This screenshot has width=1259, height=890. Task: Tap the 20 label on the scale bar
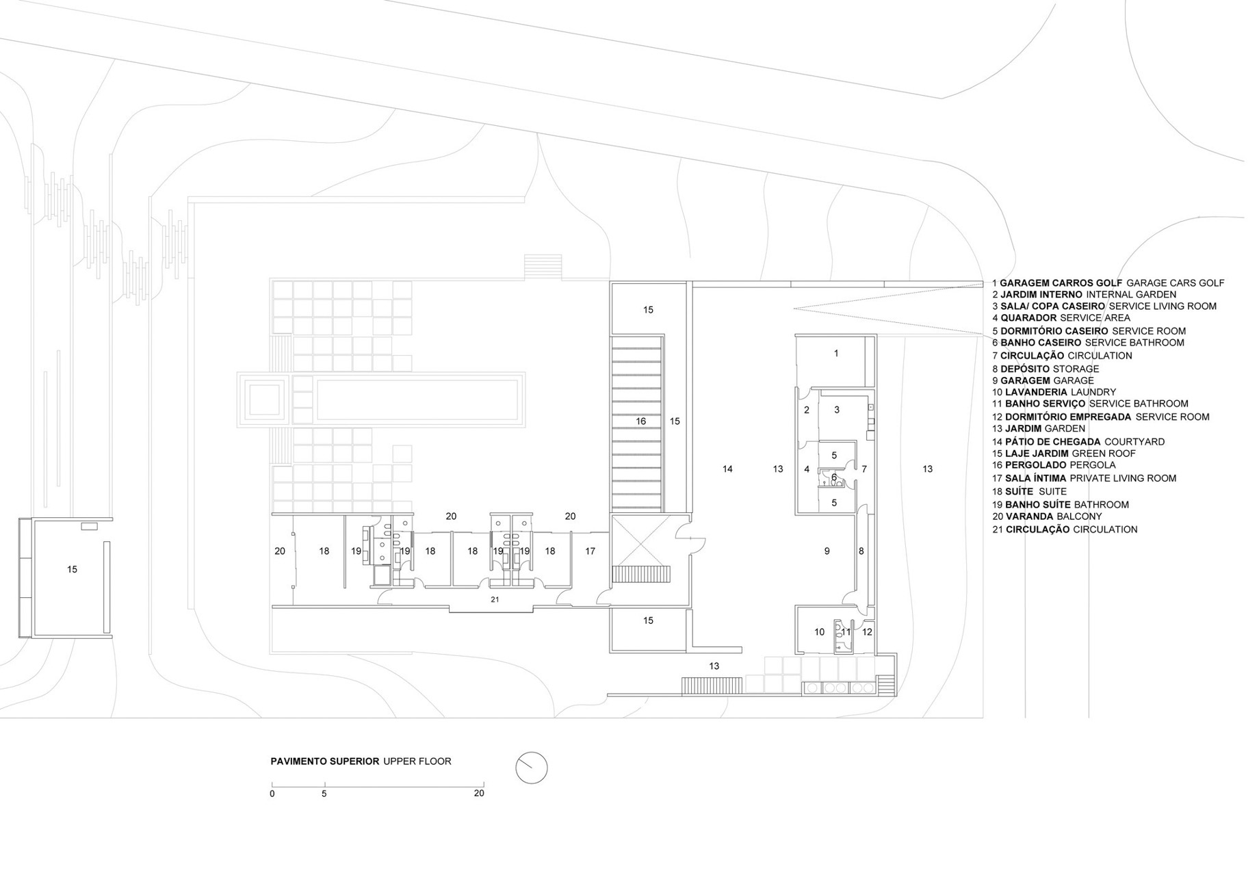pyautogui.click(x=479, y=794)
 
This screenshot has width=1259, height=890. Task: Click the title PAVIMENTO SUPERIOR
pyautogui.click(x=325, y=761)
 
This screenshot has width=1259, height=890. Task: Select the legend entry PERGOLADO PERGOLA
pyautogui.click(x=1054, y=465)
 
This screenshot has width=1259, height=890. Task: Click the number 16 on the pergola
pyautogui.click(x=640, y=421)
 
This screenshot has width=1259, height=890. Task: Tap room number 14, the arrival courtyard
pyautogui.click(x=727, y=469)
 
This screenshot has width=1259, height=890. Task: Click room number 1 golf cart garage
pyautogui.click(x=835, y=354)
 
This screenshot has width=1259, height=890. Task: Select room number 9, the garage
pyautogui.click(x=827, y=551)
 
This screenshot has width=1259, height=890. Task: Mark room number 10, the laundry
pyautogui.click(x=819, y=632)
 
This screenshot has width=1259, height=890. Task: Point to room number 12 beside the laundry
pyautogui.click(x=867, y=632)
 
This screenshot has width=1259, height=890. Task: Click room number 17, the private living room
pyautogui.click(x=590, y=551)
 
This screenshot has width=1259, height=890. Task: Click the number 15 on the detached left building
pyautogui.click(x=72, y=569)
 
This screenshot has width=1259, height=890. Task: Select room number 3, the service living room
pyautogui.click(x=836, y=410)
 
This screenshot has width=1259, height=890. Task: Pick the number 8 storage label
pyautogui.click(x=861, y=551)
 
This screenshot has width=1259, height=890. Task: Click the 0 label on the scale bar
pyautogui.click(x=272, y=794)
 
